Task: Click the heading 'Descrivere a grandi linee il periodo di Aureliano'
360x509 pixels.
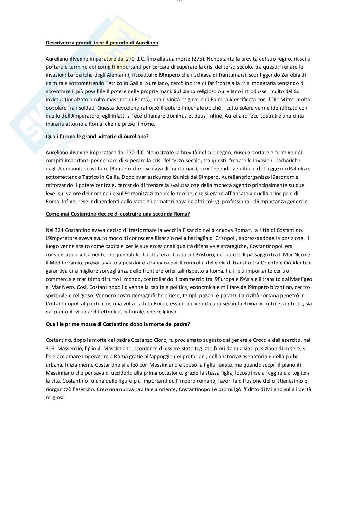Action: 102,43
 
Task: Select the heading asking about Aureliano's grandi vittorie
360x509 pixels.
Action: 97,136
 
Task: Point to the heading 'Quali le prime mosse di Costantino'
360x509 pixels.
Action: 118,324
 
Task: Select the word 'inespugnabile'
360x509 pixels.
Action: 117,254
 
